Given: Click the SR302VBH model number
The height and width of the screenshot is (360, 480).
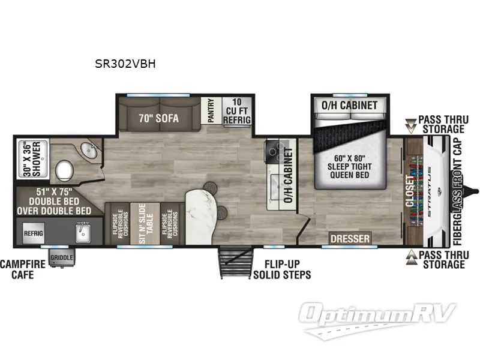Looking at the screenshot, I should (x=125, y=64).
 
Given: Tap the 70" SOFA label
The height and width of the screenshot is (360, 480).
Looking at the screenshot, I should (x=158, y=118).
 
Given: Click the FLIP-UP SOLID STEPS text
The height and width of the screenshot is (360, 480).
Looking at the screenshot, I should (x=282, y=270).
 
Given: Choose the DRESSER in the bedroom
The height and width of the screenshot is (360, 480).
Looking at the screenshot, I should (x=350, y=239).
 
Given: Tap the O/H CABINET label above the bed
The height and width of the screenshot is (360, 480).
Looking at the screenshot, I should (x=350, y=106).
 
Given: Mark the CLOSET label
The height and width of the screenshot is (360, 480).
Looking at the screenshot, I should (x=411, y=191).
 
